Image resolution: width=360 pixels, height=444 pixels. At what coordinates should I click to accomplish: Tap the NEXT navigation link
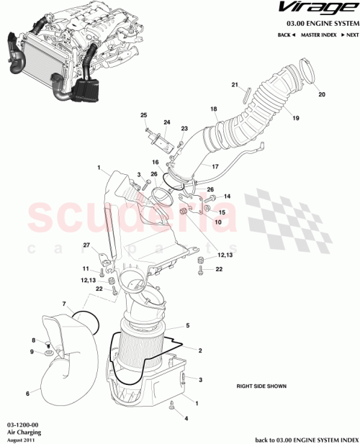pyautogui.click(x=350, y=35)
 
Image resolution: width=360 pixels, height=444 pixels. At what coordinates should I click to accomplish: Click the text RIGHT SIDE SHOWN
pyautogui.click(x=261, y=386)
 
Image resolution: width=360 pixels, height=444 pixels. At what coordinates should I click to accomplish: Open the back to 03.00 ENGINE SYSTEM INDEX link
pyautogui.click(x=306, y=439)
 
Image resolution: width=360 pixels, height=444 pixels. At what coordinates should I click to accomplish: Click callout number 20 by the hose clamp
pyautogui.click(x=321, y=95)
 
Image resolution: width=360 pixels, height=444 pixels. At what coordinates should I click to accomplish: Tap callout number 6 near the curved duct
pyautogui.click(x=28, y=394)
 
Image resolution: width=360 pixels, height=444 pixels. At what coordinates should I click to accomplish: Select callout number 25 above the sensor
pyautogui.click(x=143, y=116)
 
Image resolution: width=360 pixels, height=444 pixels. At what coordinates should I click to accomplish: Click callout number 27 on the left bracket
pyautogui.click(x=86, y=246)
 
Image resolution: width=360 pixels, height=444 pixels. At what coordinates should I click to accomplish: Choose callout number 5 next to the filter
pyautogui.click(x=187, y=326)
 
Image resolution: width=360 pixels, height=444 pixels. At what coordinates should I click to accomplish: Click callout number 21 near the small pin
pyautogui.click(x=235, y=86)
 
